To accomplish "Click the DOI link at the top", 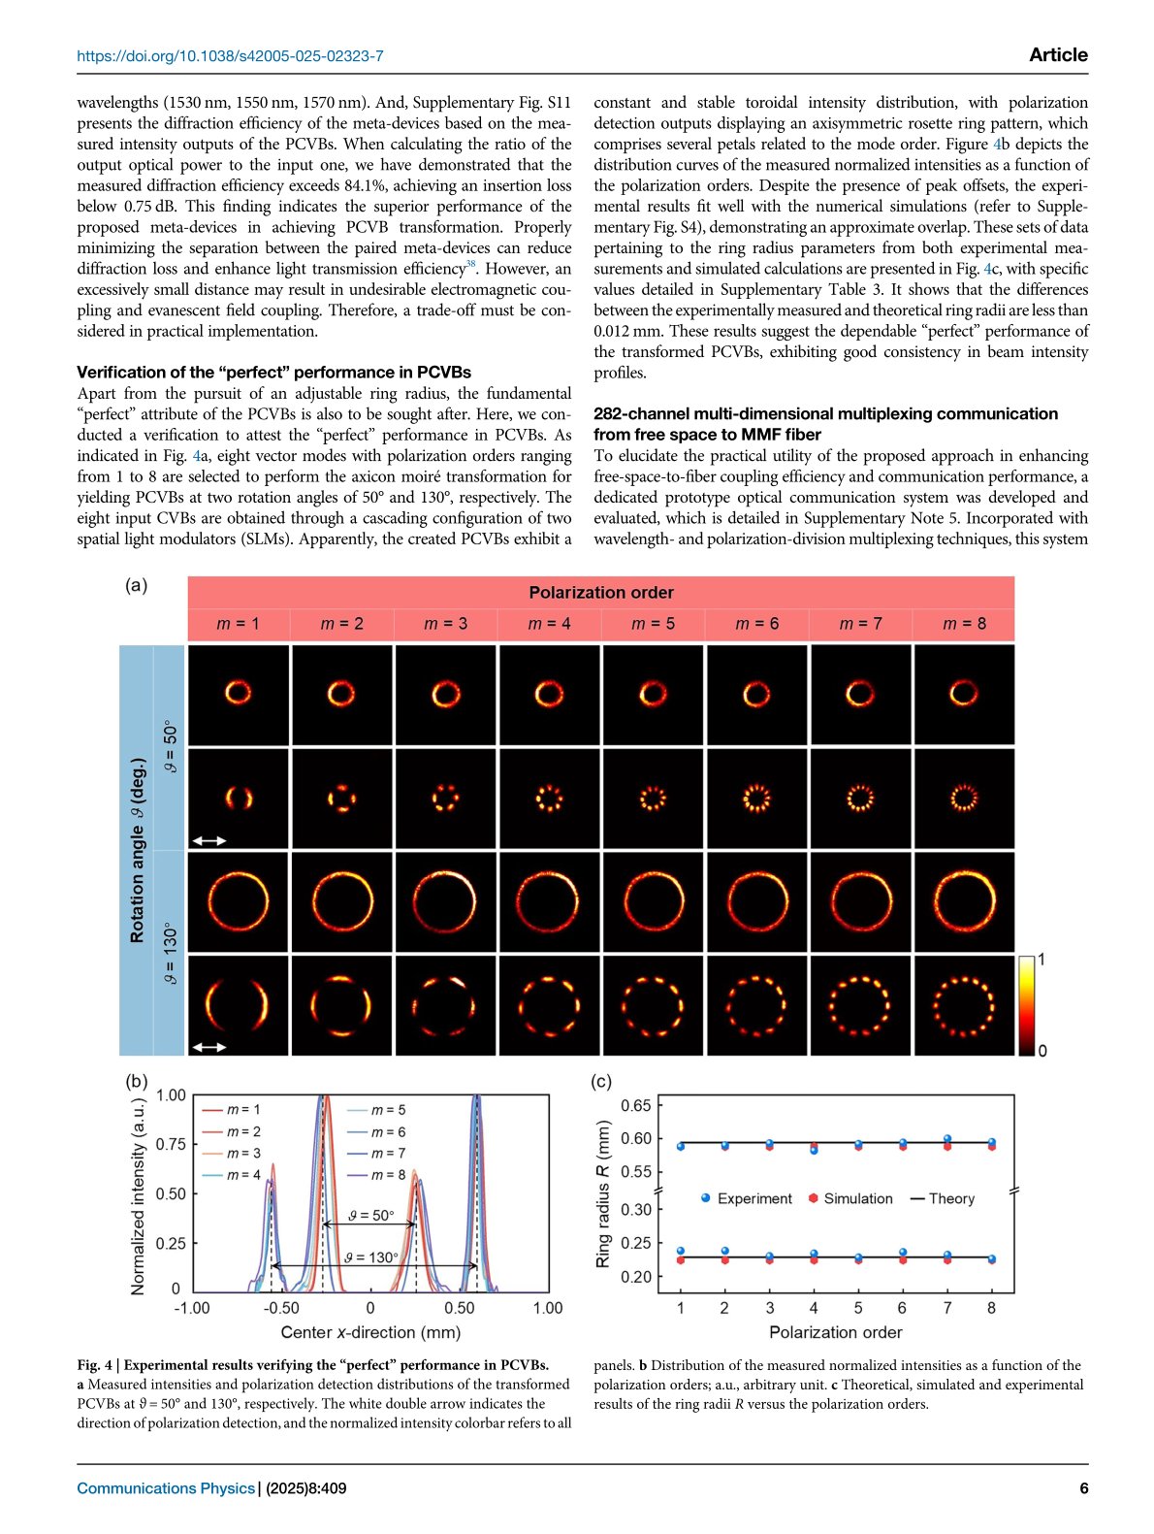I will click(x=230, y=56).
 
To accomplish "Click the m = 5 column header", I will click(x=653, y=624).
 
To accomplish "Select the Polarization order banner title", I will click(x=600, y=593).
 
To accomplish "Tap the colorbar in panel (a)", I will click(x=1026, y=1005).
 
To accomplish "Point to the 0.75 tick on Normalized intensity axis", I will click(x=171, y=1145).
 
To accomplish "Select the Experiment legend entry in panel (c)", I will click(x=746, y=1199).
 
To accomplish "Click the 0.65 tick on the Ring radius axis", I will click(x=636, y=1105).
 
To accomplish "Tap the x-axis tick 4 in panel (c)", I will click(x=814, y=1308).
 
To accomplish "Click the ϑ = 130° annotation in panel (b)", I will click(x=371, y=1257).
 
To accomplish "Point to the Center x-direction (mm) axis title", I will click(x=370, y=1333).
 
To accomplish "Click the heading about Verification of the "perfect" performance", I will click(x=273, y=373).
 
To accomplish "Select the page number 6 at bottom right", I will click(x=1083, y=1488).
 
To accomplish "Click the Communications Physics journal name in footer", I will click(x=166, y=1488).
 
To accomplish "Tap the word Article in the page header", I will click(x=1058, y=55).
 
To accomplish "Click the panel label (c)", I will click(x=601, y=1081).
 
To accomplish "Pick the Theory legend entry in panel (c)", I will click(x=942, y=1199).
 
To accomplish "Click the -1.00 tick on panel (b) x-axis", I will click(x=192, y=1308).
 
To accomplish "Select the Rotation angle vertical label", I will click(x=137, y=850).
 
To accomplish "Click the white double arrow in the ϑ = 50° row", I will click(x=208, y=841).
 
